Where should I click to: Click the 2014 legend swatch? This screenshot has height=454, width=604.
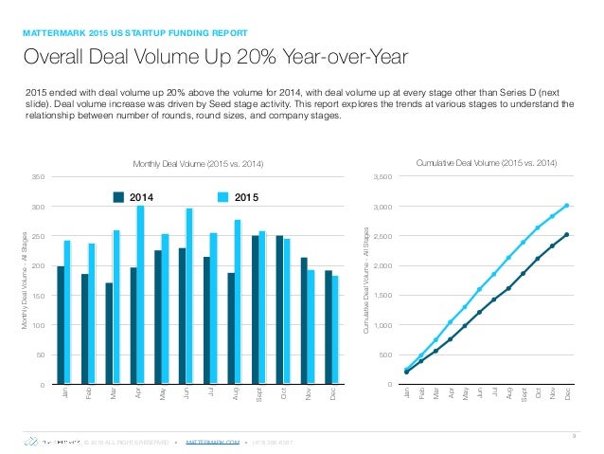coord(119,197)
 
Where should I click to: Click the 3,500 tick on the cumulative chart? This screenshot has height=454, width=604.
coord(382,177)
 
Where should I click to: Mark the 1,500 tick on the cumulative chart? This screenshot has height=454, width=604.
coord(382,296)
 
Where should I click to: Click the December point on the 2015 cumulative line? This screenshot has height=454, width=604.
coord(566,205)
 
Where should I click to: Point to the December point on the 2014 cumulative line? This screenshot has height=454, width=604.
coord(566,234)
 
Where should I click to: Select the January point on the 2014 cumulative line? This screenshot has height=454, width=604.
coord(406,372)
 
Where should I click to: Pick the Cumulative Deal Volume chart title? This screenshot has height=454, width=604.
coord(487,164)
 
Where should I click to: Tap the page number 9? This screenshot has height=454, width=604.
coord(575,435)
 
